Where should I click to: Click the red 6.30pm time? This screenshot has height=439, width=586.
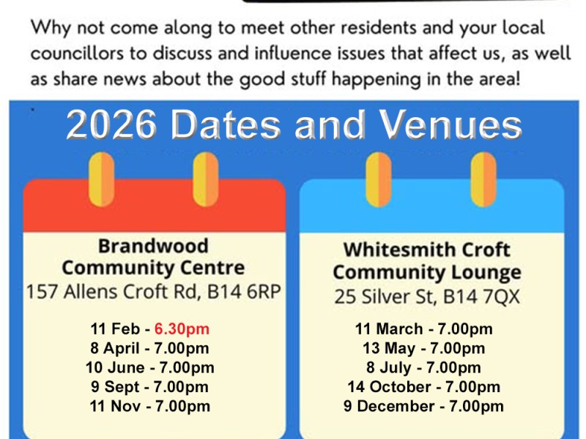pos(182,329)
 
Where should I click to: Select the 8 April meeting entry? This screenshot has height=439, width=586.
pos(149,348)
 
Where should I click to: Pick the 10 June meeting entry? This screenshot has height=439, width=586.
pos(149,367)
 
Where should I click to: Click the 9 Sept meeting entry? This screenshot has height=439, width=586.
pos(149,387)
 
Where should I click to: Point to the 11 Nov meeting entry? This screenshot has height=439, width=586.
pos(149,406)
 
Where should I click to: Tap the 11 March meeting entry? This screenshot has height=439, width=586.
pos(423,329)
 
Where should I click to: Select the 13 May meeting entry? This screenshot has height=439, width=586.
pos(423,348)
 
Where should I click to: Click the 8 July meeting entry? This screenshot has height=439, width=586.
pos(423,367)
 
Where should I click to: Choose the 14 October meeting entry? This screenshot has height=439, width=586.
pos(423,387)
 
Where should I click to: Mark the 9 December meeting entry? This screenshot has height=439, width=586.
pos(423,406)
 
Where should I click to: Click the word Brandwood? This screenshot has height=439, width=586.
pos(153,245)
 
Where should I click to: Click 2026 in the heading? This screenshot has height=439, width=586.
pos(111,126)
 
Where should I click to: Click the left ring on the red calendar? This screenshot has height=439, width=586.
pos(101,180)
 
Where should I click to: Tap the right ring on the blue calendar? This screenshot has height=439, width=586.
pos(483,180)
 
